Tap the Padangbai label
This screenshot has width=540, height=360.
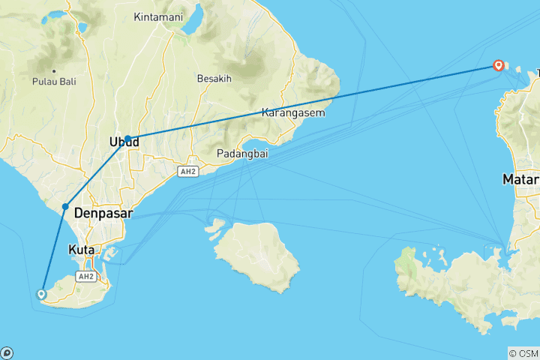point(242,154)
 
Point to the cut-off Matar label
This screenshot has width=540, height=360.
point(522,180)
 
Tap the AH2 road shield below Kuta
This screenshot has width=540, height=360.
point(85,276)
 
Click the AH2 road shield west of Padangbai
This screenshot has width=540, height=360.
point(187,172)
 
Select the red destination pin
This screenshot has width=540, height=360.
point(498,65)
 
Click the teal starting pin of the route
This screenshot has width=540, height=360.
point(41,294)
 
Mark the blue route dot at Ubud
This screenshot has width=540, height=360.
point(128,139)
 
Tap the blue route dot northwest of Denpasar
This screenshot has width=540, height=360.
point(66,206)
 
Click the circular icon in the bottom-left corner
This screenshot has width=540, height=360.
point(7,352)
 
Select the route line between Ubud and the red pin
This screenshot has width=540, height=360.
point(315,102)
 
